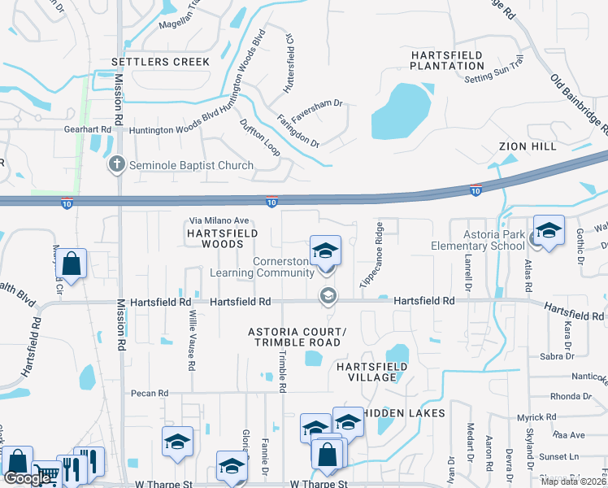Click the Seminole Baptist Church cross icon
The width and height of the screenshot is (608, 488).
(116, 165)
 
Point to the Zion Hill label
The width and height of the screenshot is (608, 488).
(528, 146)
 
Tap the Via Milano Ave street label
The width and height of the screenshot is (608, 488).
(219, 220)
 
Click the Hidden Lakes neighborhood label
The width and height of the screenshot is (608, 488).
(403, 413)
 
